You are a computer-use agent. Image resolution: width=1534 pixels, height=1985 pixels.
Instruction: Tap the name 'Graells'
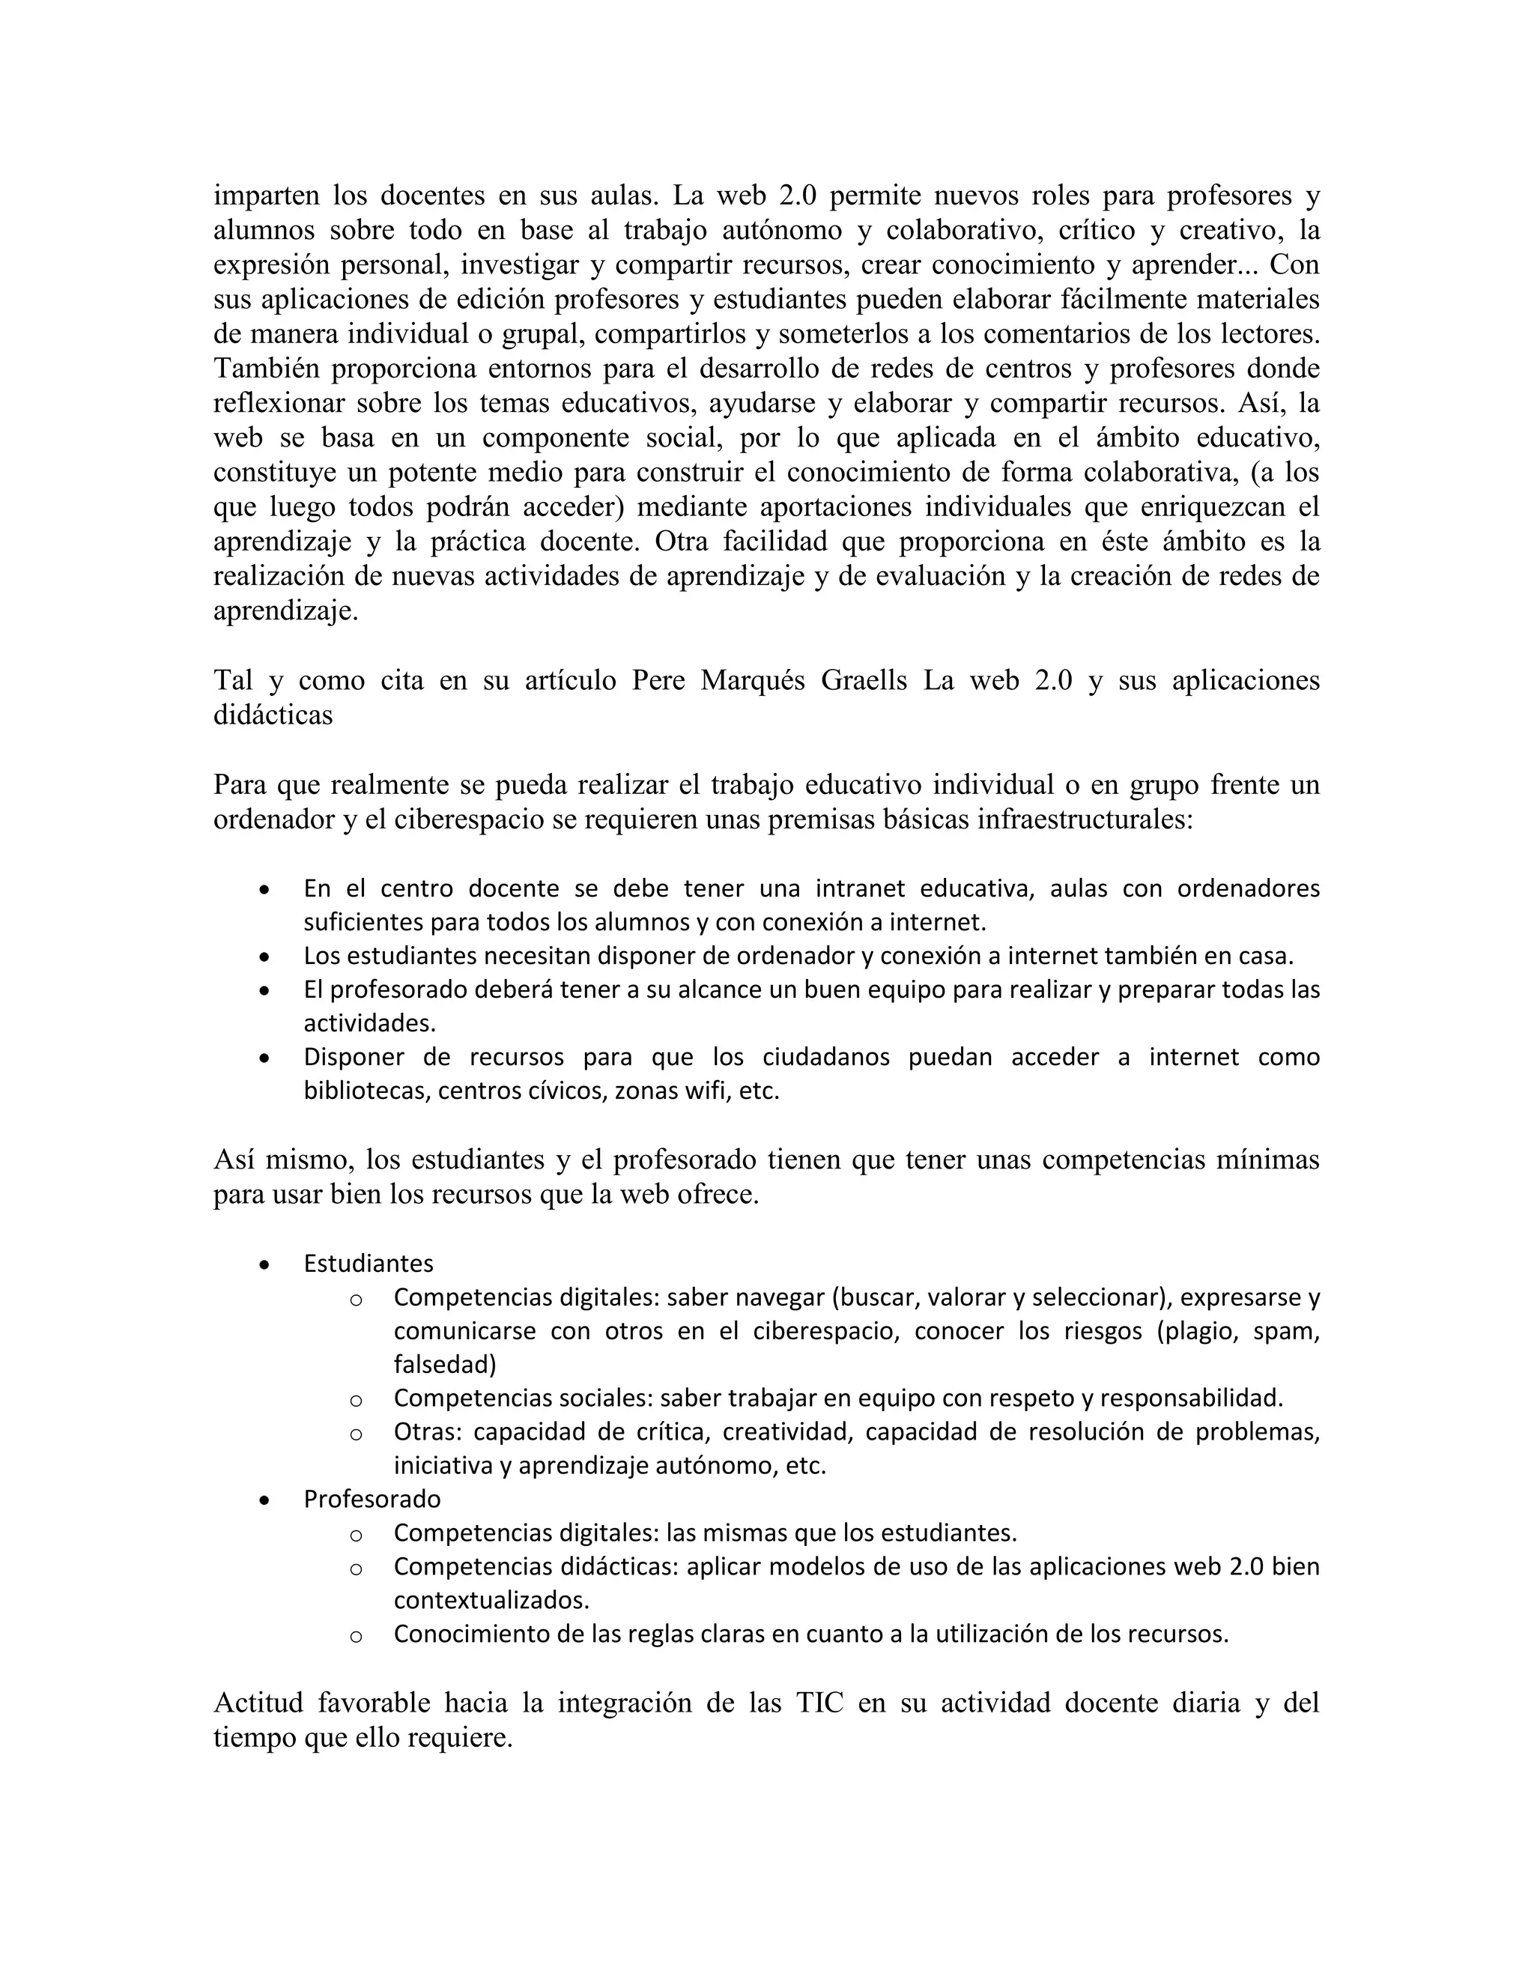[864, 681]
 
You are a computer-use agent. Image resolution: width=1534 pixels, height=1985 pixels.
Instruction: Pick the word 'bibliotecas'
[366, 1090]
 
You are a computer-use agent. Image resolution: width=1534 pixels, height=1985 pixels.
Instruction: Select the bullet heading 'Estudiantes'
[368, 1264]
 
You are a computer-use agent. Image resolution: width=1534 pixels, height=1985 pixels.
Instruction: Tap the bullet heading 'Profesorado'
[372, 1499]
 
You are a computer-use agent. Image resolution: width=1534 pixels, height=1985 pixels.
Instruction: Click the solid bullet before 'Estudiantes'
[264, 1265]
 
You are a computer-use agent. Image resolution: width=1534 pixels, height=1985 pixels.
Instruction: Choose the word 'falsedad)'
[444, 1364]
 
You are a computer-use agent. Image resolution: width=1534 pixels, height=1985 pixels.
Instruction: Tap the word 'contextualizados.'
[491, 1600]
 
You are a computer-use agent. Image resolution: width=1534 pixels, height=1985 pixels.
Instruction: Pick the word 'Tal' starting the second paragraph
[233, 681]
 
